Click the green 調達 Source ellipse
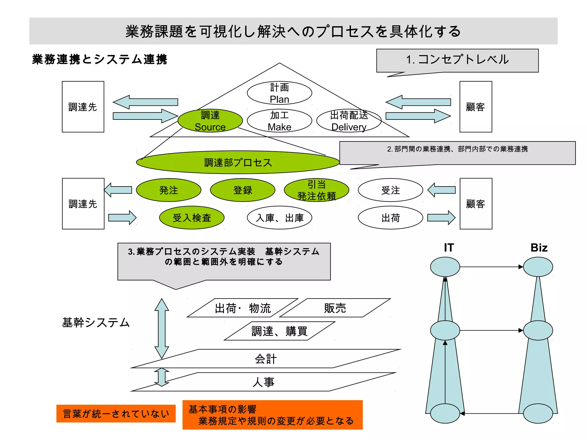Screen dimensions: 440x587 (210, 121)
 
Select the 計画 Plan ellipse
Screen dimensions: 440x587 (279, 93)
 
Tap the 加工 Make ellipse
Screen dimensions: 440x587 (279, 121)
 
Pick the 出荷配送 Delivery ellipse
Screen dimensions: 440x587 (349, 121)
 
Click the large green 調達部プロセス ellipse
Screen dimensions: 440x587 (238, 162)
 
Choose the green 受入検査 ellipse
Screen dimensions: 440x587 (192, 218)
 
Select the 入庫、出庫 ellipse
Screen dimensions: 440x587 (279, 218)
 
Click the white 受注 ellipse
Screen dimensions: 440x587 (390, 190)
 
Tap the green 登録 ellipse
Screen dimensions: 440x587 (242, 190)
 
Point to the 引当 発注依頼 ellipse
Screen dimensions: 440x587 (316, 190)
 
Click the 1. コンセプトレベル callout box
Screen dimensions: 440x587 (457, 60)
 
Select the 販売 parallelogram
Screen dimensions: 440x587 (335, 308)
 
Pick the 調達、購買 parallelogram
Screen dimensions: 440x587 (279, 331)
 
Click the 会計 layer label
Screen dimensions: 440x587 (266, 359)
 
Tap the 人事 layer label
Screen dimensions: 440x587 (263, 382)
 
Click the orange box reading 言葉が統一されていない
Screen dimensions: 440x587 (116, 413)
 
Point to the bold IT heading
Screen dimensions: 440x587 (449, 248)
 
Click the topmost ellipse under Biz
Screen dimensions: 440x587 (538, 267)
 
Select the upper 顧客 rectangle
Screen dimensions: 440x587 (476, 107)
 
